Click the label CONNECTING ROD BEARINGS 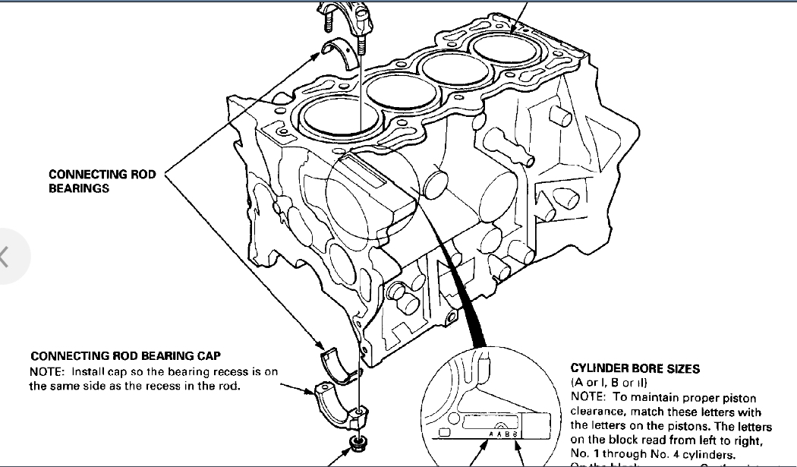click(x=102, y=181)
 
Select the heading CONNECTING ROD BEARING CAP click(x=125, y=355)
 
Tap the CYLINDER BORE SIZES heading click(x=635, y=369)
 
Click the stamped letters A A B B click(x=504, y=434)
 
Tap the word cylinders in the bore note click(x=708, y=453)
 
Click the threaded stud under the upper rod click(x=361, y=44)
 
